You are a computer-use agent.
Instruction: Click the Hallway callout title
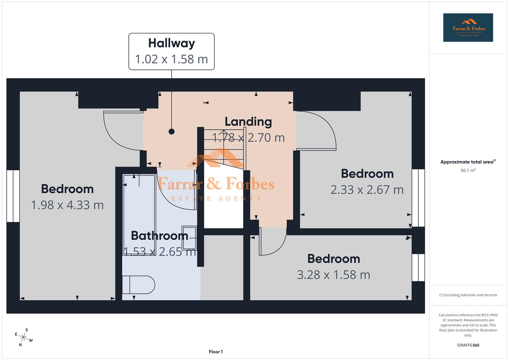[x=171, y=43]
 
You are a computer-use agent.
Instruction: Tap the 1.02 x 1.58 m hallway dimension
[x=171, y=59]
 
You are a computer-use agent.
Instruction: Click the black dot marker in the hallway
[x=171, y=131]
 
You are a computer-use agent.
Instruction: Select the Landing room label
[x=248, y=122]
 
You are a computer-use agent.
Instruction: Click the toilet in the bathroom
[x=138, y=285]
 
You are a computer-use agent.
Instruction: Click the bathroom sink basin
[x=189, y=238]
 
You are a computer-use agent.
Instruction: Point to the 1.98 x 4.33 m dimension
[x=67, y=205]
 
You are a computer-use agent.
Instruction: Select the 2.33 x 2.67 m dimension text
[x=367, y=190]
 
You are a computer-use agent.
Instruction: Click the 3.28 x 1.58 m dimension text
[x=333, y=275]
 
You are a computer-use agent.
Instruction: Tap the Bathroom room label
[x=159, y=236]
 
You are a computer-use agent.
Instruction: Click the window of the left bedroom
[x=13, y=196]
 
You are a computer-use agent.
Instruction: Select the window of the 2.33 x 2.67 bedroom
[x=418, y=198]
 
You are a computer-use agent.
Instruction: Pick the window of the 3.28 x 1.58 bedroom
[x=418, y=267]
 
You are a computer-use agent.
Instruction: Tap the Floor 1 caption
[x=216, y=352]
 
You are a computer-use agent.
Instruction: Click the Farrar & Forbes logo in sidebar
[x=468, y=28]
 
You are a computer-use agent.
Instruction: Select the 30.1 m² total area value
[x=468, y=170]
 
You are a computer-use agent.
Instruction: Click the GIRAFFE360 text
[x=468, y=345]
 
